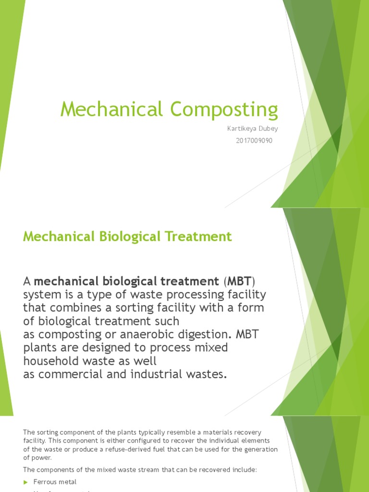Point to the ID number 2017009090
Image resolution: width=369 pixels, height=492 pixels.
point(254,141)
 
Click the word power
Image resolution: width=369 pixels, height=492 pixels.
point(42,457)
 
